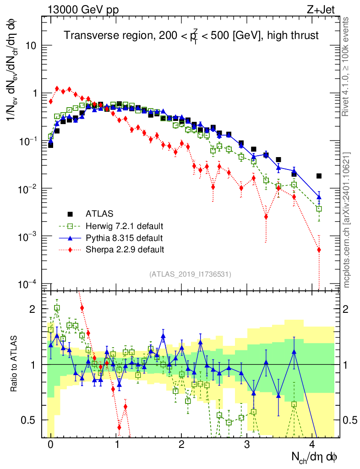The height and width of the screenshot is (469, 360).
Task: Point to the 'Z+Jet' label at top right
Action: [329, 9]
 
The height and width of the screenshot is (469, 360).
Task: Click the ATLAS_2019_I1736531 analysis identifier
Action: [190, 274]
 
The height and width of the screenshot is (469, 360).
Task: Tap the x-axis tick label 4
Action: [312, 445]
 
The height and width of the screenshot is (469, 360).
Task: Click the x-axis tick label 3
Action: [247, 445]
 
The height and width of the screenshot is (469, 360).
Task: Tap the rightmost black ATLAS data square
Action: [319, 176]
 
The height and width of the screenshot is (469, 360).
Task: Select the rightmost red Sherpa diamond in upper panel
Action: [319, 250]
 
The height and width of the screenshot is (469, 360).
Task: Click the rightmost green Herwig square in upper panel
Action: [319, 208]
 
